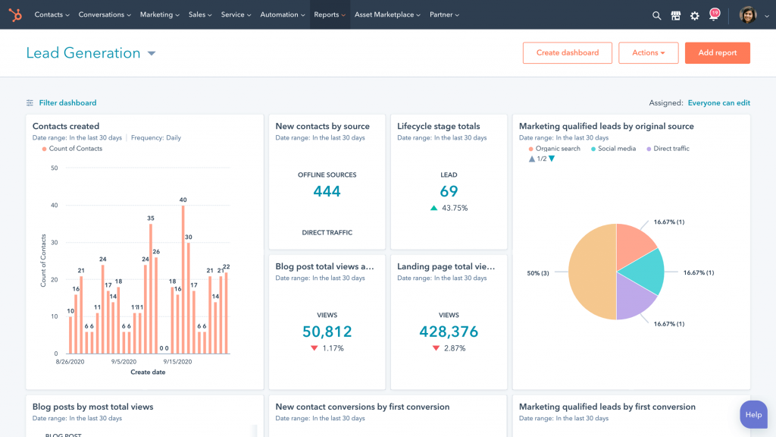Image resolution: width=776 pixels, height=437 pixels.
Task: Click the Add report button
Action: point(717,53)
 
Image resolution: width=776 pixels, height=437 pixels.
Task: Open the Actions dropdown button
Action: point(648,53)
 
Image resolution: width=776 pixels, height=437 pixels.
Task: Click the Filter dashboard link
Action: point(67,103)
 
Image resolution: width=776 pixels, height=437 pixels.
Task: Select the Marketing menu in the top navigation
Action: point(159,14)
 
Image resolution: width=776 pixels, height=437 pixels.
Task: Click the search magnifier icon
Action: point(657,15)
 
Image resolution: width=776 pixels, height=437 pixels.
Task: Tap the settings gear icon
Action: point(694,15)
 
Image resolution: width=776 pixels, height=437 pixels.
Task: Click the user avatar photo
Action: point(747,15)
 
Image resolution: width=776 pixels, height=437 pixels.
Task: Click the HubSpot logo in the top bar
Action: point(16,14)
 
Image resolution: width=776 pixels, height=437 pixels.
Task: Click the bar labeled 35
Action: point(151,288)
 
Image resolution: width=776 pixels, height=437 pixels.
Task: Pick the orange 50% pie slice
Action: point(591,272)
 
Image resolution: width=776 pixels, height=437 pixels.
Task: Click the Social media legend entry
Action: point(616,149)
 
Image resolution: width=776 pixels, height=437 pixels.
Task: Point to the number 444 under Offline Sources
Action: point(327,191)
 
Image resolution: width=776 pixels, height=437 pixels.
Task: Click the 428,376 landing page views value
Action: point(449,332)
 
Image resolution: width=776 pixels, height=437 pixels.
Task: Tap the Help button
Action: point(753,415)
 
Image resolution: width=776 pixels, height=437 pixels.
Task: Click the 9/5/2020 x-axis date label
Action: point(123,362)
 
